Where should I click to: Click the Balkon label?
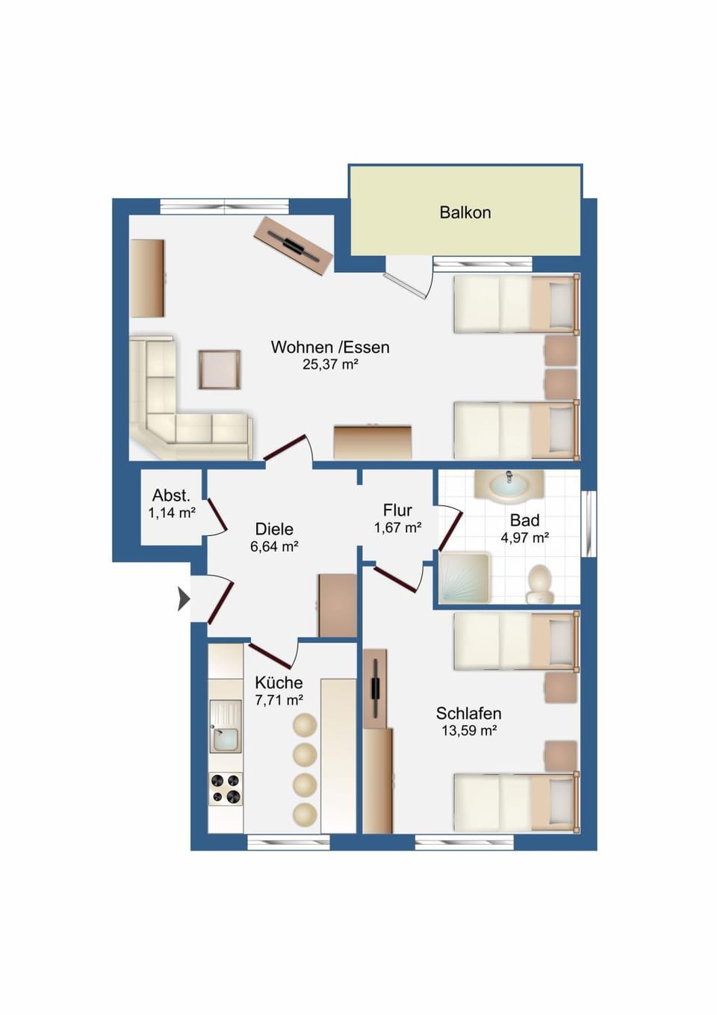click(x=465, y=212)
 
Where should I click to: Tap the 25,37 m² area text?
click(x=330, y=364)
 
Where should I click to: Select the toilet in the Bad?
click(x=540, y=584)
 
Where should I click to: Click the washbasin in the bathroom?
click(x=509, y=487)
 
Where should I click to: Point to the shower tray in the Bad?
click(x=464, y=579)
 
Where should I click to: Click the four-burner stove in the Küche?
click(x=226, y=789)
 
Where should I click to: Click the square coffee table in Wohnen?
click(x=219, y=369)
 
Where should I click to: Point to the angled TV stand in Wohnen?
click(x=294, y=245)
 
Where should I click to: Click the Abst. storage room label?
click(x=171, y=496)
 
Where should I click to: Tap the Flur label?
click(x=397, y=510)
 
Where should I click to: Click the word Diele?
click(x=274, y=528)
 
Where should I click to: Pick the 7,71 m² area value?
click(x=279, y=700)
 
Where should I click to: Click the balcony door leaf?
click(x=405, y=286)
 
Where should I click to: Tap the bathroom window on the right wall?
click(x=589, y=523)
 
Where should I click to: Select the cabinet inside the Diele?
click(x=338, y=605)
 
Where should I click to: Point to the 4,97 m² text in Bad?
click(x=524, y=538)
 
